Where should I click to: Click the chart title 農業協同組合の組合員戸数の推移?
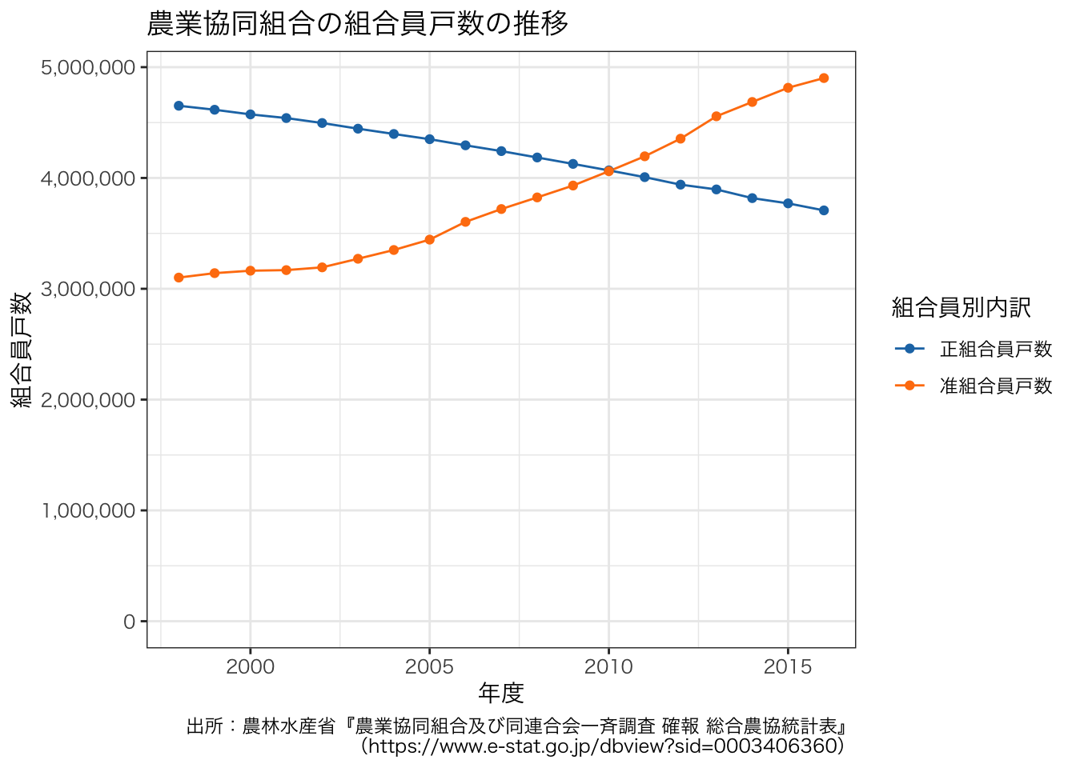358,23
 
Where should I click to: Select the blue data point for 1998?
179,106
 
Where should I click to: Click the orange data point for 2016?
824,78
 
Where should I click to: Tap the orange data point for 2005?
429,240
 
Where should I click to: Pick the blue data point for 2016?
824,210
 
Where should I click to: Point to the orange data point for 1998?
179,278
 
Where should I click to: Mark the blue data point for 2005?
429,139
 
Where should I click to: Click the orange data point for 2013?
717,117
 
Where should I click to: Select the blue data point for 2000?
251,114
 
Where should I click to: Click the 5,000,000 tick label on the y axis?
88,67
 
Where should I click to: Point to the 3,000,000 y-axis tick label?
88,289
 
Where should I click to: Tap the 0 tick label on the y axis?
130,622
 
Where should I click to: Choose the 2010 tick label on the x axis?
608,667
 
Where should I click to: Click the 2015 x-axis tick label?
788,667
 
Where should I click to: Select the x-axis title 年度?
501,692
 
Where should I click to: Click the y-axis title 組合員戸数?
22,350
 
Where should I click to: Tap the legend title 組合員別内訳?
961,307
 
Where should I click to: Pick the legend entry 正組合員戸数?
995,349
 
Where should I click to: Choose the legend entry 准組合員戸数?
995,386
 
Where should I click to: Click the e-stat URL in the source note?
602,746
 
